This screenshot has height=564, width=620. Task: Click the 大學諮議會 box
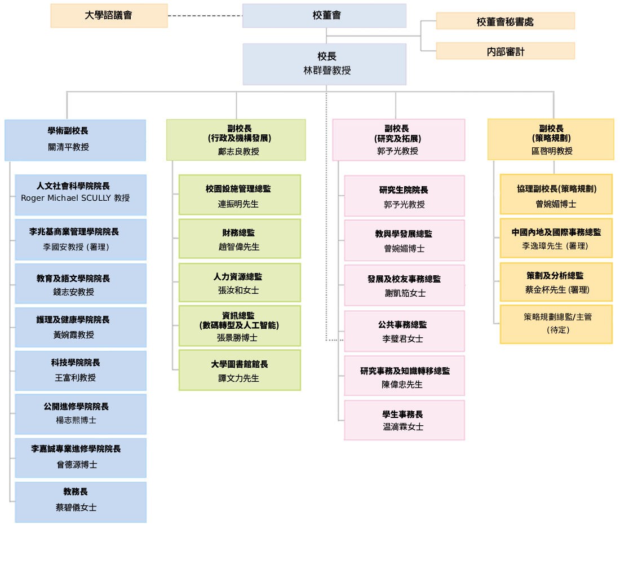[109, 16]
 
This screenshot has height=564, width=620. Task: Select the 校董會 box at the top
[324, 16]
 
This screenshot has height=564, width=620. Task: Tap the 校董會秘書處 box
[505, 21]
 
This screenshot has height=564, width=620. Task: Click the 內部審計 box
[505, 51]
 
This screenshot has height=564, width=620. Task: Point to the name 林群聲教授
[327, 71]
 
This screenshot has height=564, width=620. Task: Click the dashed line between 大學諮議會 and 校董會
[205, 16]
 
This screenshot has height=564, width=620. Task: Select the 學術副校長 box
[75, 140]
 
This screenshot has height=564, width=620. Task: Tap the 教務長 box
[81, 501]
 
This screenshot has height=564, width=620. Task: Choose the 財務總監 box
[240, 239]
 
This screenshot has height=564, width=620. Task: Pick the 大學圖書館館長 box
[240, 370]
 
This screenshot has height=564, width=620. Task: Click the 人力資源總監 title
[238, 277]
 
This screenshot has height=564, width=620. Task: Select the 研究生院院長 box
[404, 196]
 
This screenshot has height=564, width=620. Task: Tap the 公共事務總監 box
[404, 331]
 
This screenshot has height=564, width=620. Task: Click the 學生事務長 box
[404, 420]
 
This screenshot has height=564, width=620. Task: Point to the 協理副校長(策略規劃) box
[556, 195]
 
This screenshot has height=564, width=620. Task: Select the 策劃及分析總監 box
[556, 282]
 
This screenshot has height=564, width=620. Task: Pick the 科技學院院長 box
[81, 371]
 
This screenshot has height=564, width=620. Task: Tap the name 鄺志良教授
[238, 152]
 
